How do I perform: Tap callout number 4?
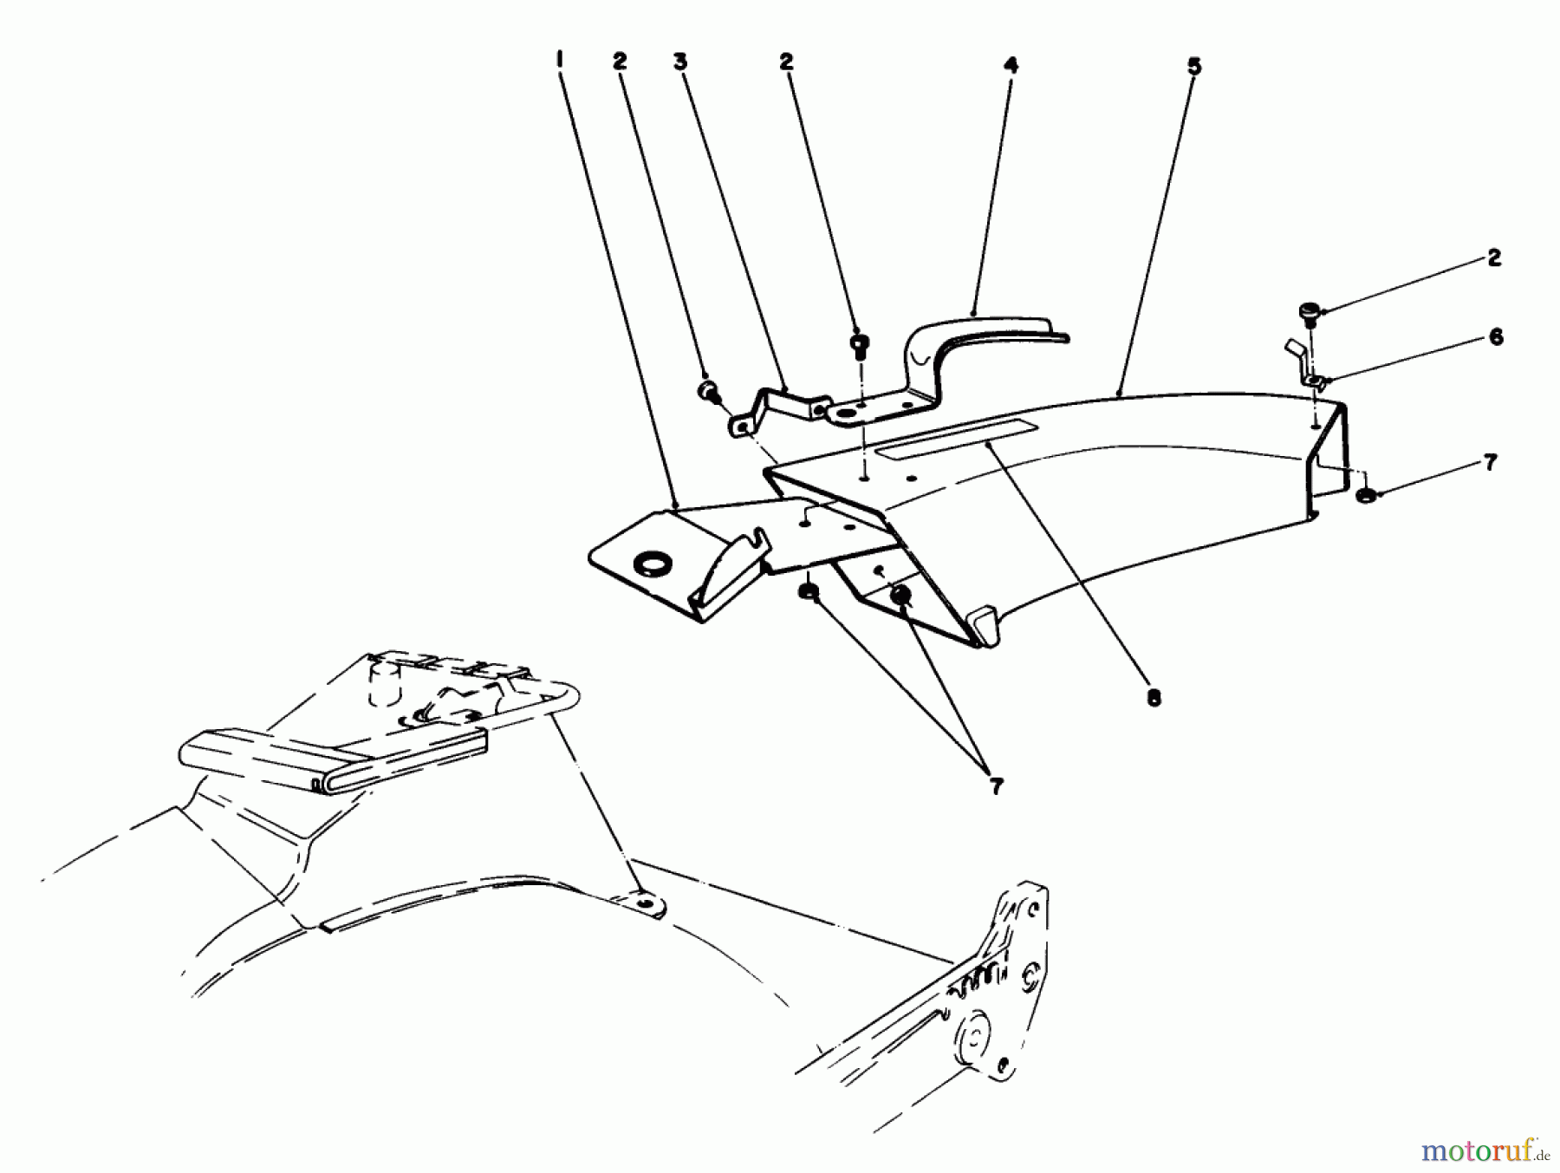(x=1011, y=65)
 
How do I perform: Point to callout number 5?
(x=1193, y=65)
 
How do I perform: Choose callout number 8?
(x=1154, y=696)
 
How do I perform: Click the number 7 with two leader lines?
(x=996, y=786)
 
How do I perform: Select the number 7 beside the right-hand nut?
(x=1490, y=463)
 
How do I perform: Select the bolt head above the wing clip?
(x=1309, y=312)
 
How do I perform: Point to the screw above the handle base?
(x=861, y=345)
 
